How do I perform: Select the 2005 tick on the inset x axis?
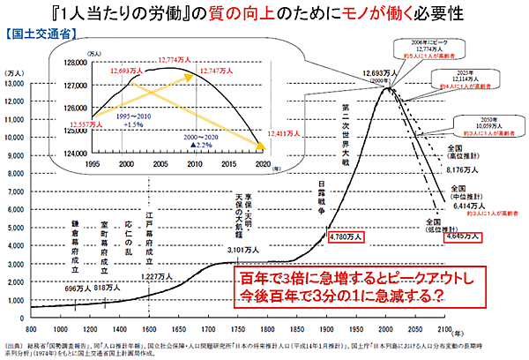pos(168,164)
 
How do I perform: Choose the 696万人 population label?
pos(77,288)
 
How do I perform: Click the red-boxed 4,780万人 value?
pos(345,236)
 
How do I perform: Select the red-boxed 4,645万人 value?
pos(463,236)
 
